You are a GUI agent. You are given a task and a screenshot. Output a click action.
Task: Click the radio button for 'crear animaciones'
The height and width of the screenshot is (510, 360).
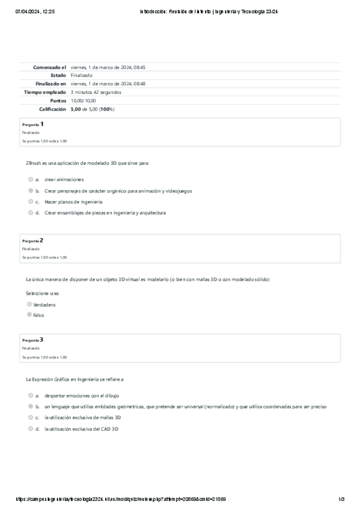tap(30, 179)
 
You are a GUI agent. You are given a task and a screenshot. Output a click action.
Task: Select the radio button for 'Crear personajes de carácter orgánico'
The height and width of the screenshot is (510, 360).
tap(30, 191)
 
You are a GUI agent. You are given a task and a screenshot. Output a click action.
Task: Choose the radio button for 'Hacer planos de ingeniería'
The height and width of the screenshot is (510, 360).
tap(30, 201)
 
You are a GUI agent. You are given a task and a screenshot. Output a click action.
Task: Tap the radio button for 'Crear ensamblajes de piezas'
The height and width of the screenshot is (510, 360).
tap(30, 212)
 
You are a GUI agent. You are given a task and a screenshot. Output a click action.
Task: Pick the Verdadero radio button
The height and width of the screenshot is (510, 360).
tap(29, 304)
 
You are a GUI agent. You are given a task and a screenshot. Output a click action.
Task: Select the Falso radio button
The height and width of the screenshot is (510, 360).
tap(29, 314)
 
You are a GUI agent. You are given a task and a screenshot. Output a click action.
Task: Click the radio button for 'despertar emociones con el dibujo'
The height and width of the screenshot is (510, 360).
tap(30, 396)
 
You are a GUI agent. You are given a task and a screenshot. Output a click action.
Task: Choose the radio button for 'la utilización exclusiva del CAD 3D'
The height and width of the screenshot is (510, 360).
tap(30, 429)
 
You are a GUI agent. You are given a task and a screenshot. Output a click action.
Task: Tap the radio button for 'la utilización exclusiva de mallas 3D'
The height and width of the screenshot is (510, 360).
tap(30, 417)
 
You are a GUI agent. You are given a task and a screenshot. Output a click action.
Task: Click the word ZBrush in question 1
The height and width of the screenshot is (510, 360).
tap(34, 163)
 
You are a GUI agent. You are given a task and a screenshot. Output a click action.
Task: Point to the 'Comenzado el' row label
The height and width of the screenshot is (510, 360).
tap(49, 67)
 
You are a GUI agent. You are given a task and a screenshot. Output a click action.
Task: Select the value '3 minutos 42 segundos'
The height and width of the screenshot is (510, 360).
tap(96, 93)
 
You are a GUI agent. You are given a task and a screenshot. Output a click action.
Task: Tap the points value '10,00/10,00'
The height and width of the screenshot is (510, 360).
tap(83, 101)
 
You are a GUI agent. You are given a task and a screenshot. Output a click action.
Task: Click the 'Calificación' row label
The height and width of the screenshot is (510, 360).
tap(52, 109)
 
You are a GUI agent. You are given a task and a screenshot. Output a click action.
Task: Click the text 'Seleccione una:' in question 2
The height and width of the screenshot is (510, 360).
tap(43, 293)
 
